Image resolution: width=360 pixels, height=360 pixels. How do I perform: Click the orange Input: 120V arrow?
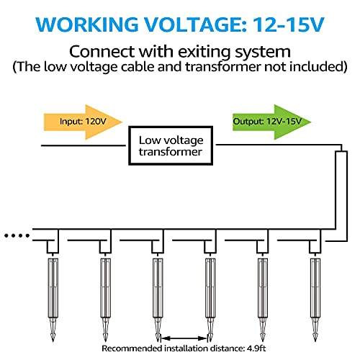(x=83, y=122)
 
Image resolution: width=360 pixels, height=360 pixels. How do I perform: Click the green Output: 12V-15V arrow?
(x=271, y=122)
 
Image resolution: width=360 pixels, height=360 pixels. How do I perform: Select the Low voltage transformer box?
(x=171, y=145)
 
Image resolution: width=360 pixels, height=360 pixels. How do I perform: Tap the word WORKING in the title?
(x=87, y=24)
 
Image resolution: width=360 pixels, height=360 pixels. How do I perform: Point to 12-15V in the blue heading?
(x=289, y=24)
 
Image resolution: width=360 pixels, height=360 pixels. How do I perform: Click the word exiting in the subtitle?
(x=205, y=52)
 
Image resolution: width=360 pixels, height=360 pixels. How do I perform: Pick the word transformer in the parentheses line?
(x=223, y=67)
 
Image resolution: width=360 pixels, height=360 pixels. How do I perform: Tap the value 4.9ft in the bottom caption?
(x=256, y=348)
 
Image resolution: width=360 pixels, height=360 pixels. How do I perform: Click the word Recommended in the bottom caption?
(x=132, y=348)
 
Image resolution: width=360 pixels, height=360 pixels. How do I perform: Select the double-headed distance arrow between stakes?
(x=184, y=338)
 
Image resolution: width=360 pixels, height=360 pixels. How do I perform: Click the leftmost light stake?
(x=53, y=300)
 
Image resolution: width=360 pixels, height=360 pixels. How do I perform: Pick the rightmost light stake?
(x=315, y=300)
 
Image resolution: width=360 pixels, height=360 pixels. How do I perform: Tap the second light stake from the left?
(x=105, y=300)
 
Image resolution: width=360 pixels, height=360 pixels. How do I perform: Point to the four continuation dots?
(x=17, y=235)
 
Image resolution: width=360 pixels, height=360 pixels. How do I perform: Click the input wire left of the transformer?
(x=84, y=145)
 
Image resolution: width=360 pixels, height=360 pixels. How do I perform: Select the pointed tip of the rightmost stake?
(x=315, y=341)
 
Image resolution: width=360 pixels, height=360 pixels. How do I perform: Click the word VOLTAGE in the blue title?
(x=195, y=24)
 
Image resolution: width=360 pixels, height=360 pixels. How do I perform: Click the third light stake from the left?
(x=158, y=300)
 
